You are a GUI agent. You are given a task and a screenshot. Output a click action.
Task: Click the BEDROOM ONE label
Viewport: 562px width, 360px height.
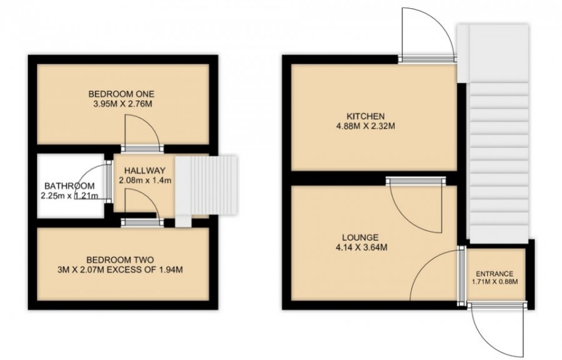coord(122,94)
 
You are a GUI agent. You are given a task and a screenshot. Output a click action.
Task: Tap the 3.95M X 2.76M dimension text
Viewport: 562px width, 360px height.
coord(122,105)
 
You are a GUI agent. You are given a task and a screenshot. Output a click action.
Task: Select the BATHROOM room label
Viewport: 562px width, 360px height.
coord(69,186)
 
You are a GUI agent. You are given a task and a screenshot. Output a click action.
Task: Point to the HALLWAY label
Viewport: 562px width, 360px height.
coord(145,171)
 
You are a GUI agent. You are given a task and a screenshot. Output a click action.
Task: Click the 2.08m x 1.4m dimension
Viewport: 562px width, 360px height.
coord(145,181)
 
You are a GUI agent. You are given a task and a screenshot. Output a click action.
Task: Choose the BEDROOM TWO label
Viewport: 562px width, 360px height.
coord(121,259)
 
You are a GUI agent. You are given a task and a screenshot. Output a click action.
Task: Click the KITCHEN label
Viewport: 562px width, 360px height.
coord(365,116)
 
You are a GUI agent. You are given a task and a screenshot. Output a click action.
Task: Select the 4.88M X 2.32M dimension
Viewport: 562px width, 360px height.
coord(365,126)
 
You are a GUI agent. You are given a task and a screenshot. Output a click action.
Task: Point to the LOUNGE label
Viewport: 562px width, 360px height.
coord(360,237)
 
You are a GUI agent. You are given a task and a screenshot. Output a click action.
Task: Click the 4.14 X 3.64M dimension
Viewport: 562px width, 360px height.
coord(360,247)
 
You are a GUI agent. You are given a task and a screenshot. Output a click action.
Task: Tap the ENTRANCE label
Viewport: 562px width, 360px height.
coord(495,274)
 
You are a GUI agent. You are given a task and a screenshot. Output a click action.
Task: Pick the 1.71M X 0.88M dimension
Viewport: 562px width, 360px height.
coord(495,282)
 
